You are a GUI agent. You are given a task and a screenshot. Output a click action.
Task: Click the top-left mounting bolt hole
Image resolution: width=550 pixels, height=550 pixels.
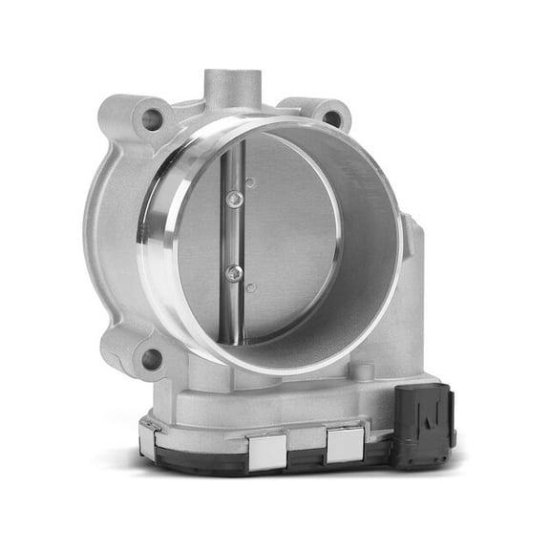pos(152,119)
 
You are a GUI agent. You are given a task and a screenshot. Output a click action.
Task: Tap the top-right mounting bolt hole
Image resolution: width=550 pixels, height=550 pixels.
pos(330,118)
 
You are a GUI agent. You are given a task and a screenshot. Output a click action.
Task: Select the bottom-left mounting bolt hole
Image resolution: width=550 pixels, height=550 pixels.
pos(151,359)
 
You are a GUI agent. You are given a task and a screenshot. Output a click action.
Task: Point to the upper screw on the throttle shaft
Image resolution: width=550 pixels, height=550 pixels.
pos(232,199)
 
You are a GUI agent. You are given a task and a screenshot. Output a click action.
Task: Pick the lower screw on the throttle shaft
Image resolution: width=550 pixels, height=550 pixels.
pos(233,273)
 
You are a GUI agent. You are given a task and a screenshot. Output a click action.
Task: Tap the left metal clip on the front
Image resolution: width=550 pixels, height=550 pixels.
pos(269,448)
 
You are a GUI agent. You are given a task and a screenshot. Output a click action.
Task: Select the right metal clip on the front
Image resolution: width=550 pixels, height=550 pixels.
pos(344,443)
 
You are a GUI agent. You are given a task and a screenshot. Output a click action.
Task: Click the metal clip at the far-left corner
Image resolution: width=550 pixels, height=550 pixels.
pos(148,438)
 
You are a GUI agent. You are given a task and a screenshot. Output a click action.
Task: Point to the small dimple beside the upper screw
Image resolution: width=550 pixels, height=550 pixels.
pos(249,182)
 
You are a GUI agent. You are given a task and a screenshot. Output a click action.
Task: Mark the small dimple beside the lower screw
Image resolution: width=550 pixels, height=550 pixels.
pos(249,286)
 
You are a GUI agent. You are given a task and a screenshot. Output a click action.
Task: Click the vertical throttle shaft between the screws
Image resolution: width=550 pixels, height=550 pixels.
pos(232,236)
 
